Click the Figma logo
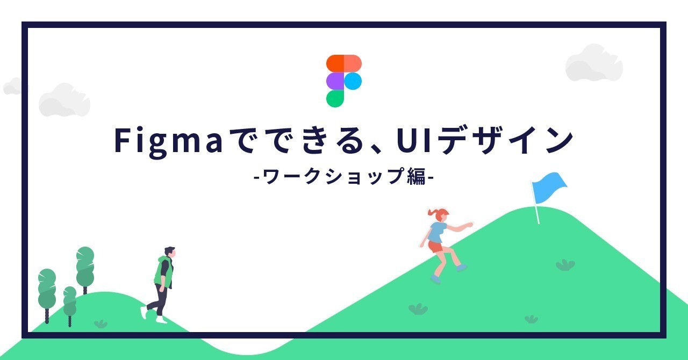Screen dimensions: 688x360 pyautogui.click(x=343, y=81)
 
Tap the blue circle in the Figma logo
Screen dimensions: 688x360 pyautogui.click(x=353, y=81)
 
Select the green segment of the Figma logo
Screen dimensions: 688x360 pyautogui.click(x=335, y=99)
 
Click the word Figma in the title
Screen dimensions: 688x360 pyautogui.click(x=168, y=141)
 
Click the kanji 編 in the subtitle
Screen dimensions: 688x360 pyautogui.click(x=417, y=176)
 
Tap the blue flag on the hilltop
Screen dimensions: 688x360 pyautogui.click(x=549, y=188)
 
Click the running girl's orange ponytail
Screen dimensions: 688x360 pyautogui.click(x=432, y=212)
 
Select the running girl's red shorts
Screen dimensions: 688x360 pyautogui.click(x=435, y=247)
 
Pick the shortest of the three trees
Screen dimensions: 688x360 pyautogui.click(x=70, y=306)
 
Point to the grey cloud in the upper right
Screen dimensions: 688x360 pyautogui.click(x=594, y=63)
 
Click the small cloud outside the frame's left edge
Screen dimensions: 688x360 pyautogui.click(x=13, y=86)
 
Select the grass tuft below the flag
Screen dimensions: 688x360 pyautogui.click(x=565, y=265)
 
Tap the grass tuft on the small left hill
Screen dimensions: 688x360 pyautogui.click(x=101, y=324)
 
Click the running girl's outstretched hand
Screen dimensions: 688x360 pyautogui.click(x=469, y=225)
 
